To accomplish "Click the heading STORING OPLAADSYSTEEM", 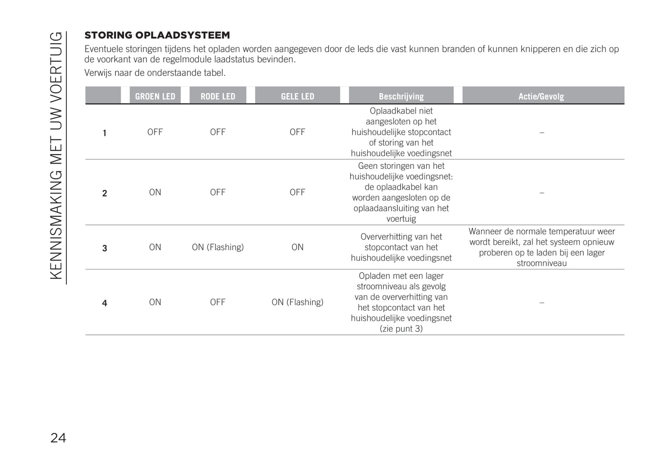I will point(157,35).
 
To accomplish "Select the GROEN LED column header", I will point(155,96).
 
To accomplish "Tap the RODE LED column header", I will point(218,96).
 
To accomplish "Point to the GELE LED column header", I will point(297,96).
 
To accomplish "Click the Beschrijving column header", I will point(401,96).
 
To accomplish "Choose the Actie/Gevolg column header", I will point(541,96).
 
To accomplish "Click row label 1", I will point(105,133).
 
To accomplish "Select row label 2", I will point(105,193).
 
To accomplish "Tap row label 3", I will point(105,248).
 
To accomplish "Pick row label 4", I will point(105,303).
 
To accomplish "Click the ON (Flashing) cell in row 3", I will point(218,247).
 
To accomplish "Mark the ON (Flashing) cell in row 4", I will point(297,302).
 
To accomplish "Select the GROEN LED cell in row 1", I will point(155,132).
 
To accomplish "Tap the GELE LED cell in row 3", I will point(297,247).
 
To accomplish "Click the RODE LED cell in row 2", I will point(218,192).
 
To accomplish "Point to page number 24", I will point(58,438).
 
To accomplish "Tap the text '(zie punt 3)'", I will point(401,329).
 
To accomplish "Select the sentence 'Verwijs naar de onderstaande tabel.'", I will point(155,73).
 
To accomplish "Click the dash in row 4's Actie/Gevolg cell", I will point(542,303).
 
